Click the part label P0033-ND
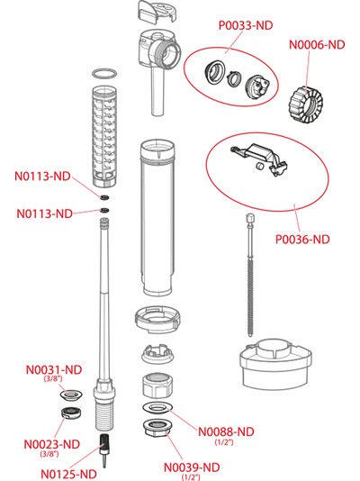click(246, 25)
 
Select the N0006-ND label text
click(317, 45)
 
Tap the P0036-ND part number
click(302, 240)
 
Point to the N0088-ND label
click(226, 431)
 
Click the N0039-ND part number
click(192, 467)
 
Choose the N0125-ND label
click(68, 474)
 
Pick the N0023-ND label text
click(52, 444)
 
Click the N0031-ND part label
click(54, 369)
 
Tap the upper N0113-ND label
click(42, 176)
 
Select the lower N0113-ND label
click(44, 213)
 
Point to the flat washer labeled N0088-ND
click(157, 408)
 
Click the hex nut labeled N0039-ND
click(157, 427)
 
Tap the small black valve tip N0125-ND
click(104, 449)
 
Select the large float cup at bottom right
click(275, 364)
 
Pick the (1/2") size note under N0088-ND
click(224, 442)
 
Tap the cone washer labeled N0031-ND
click(70, 395)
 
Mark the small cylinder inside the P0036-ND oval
click(260, 166)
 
